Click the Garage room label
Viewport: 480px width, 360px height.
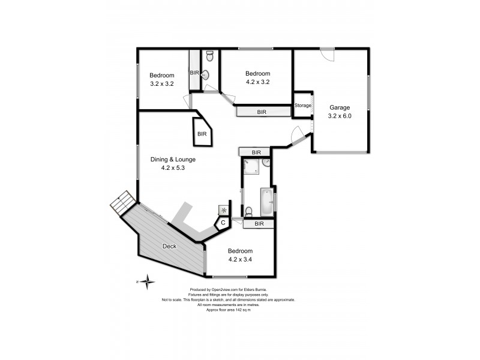click(x=339, y=108)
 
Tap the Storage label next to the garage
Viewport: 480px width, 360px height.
click(x=303, y=106)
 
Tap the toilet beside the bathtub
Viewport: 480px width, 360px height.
click(x=248, y=211)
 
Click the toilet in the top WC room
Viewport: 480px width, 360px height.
click(x=209, y=56)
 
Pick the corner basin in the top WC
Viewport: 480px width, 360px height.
click(x=206, y=75)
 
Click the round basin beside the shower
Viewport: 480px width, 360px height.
click(x=266, y=163)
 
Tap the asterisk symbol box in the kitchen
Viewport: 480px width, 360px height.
click(x=224, y=209)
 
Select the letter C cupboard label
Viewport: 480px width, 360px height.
click(x=223, y=223)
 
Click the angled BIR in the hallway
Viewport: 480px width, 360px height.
click(x=202, y=133)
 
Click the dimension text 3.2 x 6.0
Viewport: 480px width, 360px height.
click(x=339, y=116)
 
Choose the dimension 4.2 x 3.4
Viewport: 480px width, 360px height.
click(x=240, y=259)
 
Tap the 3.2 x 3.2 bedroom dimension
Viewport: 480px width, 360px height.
click(x=162, y=84)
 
